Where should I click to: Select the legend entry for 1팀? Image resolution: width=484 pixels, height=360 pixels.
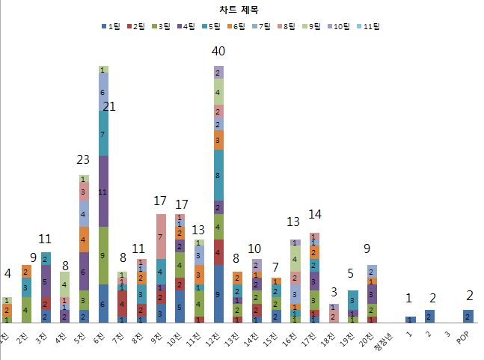[111, 26]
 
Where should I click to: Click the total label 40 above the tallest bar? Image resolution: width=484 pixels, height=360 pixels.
[218, 52]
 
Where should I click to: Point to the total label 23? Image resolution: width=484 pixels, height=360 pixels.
[83, 159]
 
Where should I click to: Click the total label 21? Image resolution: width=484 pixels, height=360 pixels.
[109, 107]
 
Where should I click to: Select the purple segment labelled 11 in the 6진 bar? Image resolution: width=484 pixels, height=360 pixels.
[103, 192]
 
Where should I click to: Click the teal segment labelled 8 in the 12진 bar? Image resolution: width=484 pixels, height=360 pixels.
[218, 175]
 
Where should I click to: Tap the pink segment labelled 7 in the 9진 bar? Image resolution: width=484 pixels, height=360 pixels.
[161, 236]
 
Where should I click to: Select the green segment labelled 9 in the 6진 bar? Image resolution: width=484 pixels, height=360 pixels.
[103, 255]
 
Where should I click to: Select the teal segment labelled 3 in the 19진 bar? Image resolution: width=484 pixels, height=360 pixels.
[373, 300]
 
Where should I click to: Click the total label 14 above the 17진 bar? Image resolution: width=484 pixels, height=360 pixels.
[315, 214]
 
